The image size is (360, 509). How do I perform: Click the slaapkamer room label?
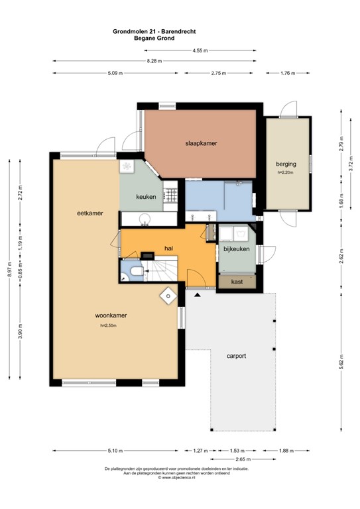coord(202,143)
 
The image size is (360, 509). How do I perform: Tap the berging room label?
coord(286,164)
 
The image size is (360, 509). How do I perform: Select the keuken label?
coord(146,197)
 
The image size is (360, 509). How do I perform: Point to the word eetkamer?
coord(89,213)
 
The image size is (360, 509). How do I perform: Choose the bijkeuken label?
coord(236,249)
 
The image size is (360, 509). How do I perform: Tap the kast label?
coord(236,282)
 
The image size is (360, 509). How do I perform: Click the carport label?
coord(235,356)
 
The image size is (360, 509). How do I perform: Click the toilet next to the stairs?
coord(133,272)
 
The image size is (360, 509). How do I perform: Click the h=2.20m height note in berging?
coord(286,172)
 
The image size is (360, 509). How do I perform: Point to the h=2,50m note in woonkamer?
coord(108,325)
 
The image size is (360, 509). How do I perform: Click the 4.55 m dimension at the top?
coord(200,50)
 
